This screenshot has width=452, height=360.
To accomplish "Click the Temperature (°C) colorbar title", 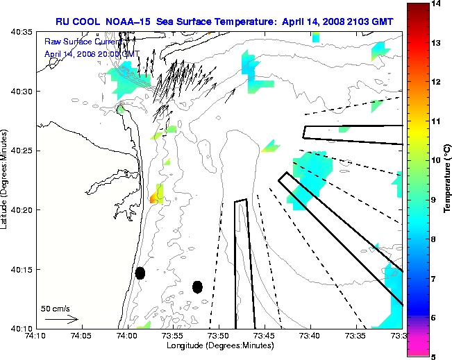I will tap(447, 180).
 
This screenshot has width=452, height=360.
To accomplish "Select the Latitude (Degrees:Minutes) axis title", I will tap(6, 180).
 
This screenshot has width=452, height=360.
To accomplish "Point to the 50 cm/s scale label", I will tap(55, 308).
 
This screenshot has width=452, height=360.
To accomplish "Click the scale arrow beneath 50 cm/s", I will tap(61, 319).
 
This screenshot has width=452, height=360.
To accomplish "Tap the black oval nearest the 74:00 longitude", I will tap(140, 273).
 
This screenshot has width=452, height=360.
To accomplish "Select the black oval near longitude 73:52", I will tap(198, 286).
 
